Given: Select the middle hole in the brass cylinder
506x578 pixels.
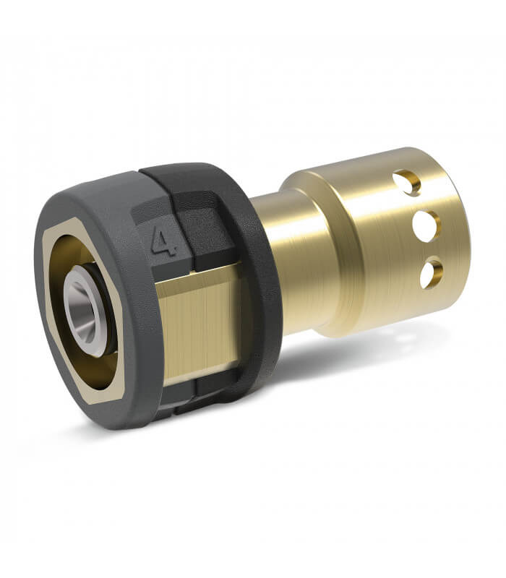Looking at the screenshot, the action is pyautogui.click(x=426, y=225).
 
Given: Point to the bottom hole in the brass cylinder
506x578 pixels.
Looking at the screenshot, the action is pyautogui.click(x=432, y=275).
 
